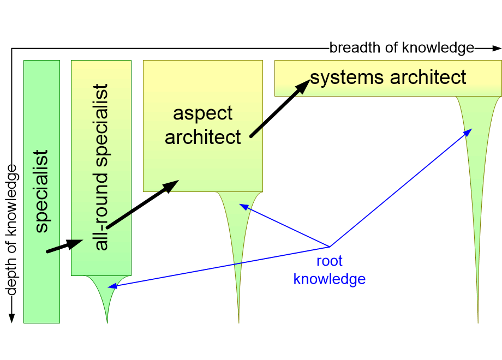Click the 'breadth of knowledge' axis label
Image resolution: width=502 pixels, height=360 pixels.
point(402,48)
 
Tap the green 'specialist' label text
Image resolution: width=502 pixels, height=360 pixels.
point(41,191)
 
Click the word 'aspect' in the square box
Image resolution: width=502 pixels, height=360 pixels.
point(202,113)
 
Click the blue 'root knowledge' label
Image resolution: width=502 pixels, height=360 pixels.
point(329,270)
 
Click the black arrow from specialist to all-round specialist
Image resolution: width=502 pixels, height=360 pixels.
point(64,246)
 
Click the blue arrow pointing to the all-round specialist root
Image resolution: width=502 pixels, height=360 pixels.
point(218,266)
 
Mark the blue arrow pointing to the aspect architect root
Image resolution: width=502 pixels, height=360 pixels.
point(284,226)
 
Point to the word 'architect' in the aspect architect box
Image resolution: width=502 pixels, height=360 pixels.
point(202,137)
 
